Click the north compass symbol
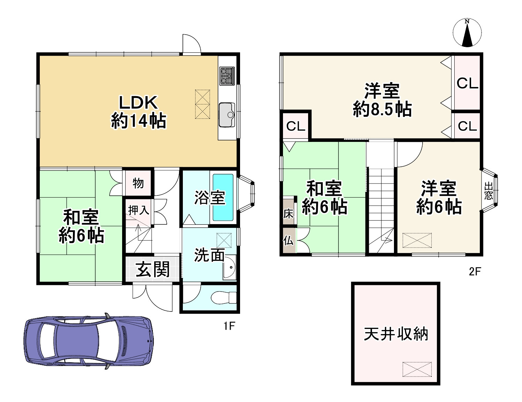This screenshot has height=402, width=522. pos(467,33)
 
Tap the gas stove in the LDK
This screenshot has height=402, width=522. pos(227,76)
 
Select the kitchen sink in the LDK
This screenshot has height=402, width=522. pos(227,115)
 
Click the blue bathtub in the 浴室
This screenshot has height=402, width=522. pos(223,197)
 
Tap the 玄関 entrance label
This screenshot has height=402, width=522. pos(153,270)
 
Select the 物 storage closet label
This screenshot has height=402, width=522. pos(138,183)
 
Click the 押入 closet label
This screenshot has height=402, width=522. pos(139,210)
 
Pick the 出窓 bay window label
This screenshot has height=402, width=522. pos(489,190)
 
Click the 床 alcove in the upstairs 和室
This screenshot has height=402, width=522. pos(288,213)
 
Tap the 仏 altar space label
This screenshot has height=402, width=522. pos(288,241)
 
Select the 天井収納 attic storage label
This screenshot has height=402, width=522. pos(396,334)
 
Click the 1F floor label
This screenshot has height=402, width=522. pos(229,326)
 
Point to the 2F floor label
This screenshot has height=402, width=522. pos(475,271)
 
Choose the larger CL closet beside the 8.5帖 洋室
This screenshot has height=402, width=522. pos(467,83)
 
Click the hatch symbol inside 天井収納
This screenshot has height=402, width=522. pos(417,369)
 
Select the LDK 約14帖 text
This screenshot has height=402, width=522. pos(139,112)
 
